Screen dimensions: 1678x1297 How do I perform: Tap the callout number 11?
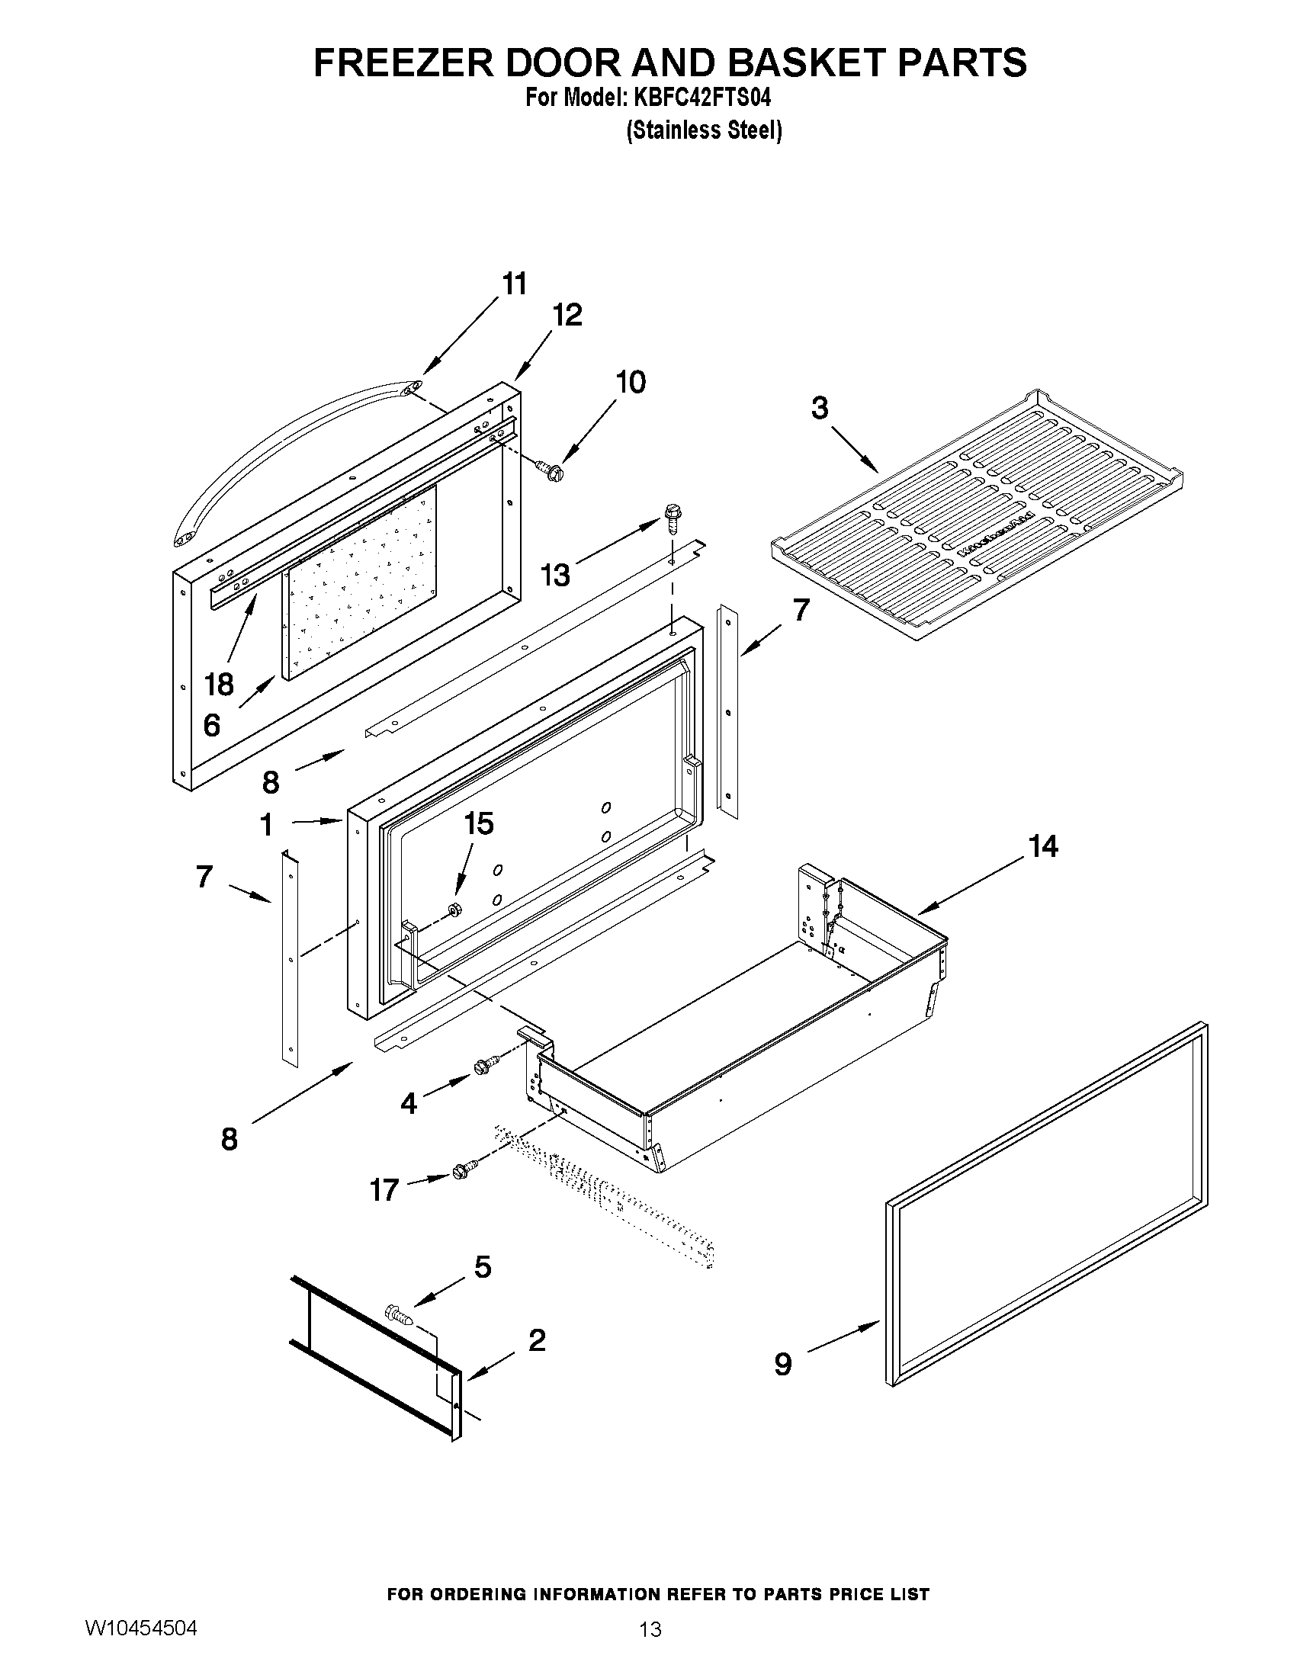515,284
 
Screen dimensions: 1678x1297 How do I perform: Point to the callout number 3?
820,408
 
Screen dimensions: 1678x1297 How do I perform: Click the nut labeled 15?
454,910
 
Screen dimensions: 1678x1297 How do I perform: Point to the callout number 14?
1042,847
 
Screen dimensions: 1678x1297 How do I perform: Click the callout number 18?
220,684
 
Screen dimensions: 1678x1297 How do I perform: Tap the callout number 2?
537,1341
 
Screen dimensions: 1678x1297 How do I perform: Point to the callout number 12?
567,315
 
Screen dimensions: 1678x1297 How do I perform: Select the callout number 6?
211,724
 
